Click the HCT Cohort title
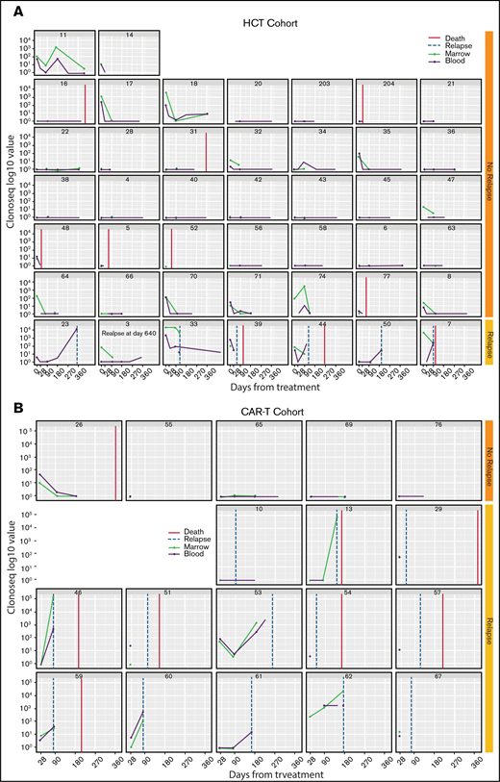(x=259, y=21)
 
